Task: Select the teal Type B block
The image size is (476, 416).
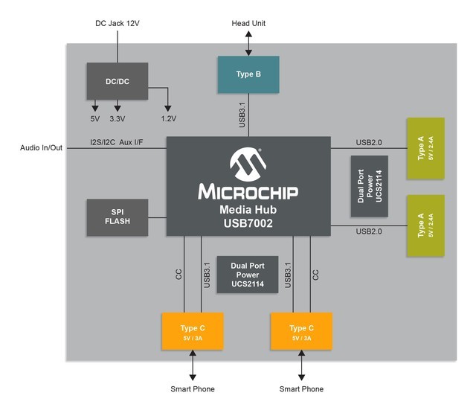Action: coord(248,74)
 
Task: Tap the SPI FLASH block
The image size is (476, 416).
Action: coord(117,216)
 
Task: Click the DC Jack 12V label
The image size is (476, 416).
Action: coord(118,24)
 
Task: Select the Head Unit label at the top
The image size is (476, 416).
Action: coord(248,24)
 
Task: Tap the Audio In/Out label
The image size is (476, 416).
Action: coord(42,147)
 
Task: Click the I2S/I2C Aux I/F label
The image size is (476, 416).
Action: coord(117,141)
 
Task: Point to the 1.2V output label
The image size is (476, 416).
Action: coord(168,119)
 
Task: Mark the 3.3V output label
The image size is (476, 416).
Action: coord(118,119)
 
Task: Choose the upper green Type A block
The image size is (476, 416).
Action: coord(425,148)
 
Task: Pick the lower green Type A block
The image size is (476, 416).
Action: coord(425,225)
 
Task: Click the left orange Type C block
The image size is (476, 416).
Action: coord(193,332)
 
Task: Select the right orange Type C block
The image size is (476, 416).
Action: coord(301,332)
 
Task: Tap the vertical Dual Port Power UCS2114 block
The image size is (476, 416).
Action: coord(369,186)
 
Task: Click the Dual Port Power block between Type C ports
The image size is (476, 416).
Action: coord(247,275)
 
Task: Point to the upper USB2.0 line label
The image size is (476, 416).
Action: coord(370,141)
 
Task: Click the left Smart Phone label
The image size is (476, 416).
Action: coord(193,389)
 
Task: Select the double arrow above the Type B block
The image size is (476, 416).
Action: coord(248,44)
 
